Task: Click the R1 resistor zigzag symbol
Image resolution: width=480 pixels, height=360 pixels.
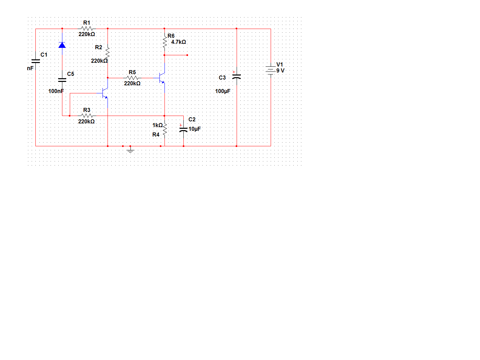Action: [x=87, y=28]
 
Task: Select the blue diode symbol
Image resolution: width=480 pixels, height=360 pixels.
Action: [x=62, y=45]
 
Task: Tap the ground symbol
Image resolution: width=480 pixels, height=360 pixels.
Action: [x=130, y=150]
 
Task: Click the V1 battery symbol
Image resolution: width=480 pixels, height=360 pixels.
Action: [x=271, y=70]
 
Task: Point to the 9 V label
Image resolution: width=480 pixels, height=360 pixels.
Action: [x=280, y=70]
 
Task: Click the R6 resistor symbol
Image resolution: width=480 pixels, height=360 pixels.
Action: [x=165, y=41]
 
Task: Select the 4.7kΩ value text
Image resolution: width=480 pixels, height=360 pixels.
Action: [x=178, y=42]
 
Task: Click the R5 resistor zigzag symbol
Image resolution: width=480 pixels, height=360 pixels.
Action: [x=132, y=78]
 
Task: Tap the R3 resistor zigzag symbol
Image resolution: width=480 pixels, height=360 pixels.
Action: [x=87, y=116]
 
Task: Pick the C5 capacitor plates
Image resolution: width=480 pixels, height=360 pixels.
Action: [x=62, y=80]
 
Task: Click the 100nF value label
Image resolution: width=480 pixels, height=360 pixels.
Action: [x=56, y=91]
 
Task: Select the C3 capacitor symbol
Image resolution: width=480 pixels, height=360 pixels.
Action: [x=237, y=76]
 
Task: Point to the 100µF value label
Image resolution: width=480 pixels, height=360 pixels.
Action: [x=223, y=91]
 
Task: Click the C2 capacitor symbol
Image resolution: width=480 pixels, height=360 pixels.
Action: [x=183, y=130]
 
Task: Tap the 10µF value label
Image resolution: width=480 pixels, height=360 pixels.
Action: [x=194, y=129]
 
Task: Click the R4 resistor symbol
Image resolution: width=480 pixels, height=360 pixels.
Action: [x=165, y=129]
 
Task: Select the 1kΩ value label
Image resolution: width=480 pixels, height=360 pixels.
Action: [x=157, y=125]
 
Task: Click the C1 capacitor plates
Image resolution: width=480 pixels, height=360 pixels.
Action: [x=36, y=61]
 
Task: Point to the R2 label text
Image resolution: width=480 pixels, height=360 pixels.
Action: [x=99, y=47]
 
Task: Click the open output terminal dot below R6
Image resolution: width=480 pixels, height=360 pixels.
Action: [x=187, y=55]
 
